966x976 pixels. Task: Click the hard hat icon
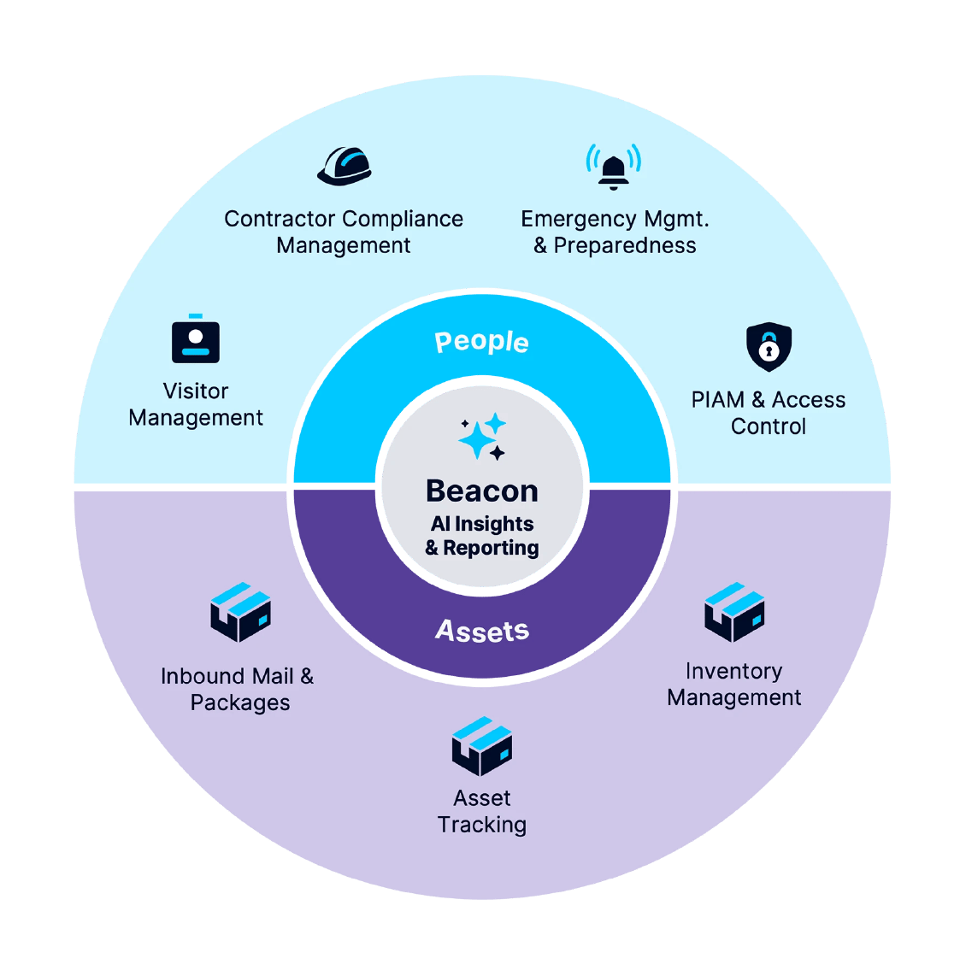(x=345, y=165)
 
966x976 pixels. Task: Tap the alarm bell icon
(x=613, y=166)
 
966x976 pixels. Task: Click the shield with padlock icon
(x=769, y=346)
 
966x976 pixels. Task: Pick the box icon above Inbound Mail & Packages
(x=240, y=612)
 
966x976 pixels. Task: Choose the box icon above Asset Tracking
(x=482, y=746)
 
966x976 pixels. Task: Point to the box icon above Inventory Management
(x=733, y=612)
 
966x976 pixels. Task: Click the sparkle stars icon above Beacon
(x=482, y=437)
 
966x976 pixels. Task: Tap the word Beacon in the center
(x=482, y=491)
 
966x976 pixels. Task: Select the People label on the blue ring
(x=482, y=342)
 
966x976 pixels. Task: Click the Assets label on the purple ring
(x=482, y=631)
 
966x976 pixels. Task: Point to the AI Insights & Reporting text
(x=482, y=536)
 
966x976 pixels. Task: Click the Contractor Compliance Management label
(x=344, y=232)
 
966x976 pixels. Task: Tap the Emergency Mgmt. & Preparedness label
(x=615, y=232)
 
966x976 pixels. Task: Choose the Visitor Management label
(x=196, y=404)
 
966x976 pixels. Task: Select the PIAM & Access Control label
(x=769, y=413)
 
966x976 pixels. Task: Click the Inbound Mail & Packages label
(x=239, y=689)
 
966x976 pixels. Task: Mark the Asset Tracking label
(x=482, y=811)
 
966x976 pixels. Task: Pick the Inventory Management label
(x=733, y=684)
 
